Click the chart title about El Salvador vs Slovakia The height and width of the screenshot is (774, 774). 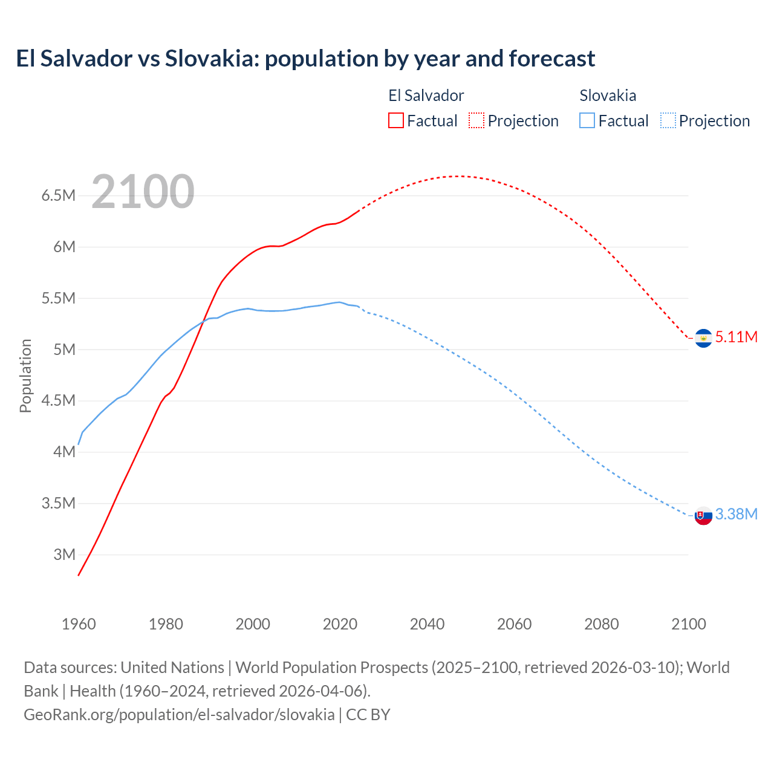305,59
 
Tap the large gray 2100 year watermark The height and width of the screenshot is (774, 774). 143,192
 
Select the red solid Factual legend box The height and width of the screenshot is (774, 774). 395,120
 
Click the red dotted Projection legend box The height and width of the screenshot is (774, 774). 476,120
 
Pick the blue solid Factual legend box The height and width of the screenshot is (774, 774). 587,120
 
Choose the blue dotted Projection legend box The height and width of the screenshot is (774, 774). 668,120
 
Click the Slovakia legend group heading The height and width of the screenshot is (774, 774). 608,96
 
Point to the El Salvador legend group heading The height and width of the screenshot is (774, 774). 426,96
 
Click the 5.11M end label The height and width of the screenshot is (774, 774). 736,337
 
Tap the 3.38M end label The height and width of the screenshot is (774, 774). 736,514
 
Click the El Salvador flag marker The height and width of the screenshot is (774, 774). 703,339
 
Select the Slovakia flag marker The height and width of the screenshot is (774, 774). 703,516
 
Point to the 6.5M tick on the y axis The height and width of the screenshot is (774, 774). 58,195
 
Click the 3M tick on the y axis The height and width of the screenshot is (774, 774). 64,554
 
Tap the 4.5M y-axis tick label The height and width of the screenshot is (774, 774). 58,400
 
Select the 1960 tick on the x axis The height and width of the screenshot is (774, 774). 79,624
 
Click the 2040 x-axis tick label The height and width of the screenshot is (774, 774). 427,624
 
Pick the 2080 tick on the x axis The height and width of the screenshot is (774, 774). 601,624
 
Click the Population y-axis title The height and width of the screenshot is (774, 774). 25,376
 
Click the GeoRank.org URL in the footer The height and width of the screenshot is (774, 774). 179,715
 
